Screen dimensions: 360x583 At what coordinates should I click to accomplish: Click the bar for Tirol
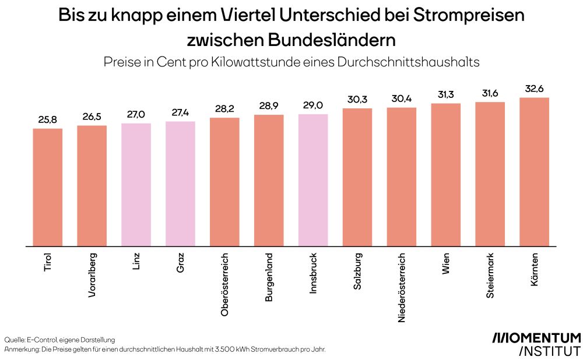pyautogui.click(x=48, y=187)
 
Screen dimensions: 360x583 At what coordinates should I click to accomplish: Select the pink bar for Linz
pyautogui.click(x=136, y=185)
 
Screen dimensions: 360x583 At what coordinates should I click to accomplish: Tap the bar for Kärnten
pyautogui.click(x=534, y=172)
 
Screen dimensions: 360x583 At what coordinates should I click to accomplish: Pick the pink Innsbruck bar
pyautogui.click(x=313, y=180)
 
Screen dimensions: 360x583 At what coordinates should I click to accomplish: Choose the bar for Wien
pyautogui.click(x=446, y=175)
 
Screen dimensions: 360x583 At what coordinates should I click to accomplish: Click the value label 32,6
pyautogui.click(x=534, y=90)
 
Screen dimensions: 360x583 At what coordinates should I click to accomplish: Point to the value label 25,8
pyautogui.click(x=48, y=121)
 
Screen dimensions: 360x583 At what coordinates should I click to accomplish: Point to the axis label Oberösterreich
pyautogui.click(x=224, y=284)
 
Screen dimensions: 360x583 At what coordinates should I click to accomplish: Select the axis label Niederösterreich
pyautogui.click(x=402, y=287)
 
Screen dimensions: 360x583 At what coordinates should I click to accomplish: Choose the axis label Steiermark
pyautogui.click(x=490, y=276)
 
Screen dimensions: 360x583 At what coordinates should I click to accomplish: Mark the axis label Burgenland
pyautogui.click(x=269, y=277)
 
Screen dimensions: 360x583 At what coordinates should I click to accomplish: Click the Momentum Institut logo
pyautogui.click(x=536, y=344)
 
